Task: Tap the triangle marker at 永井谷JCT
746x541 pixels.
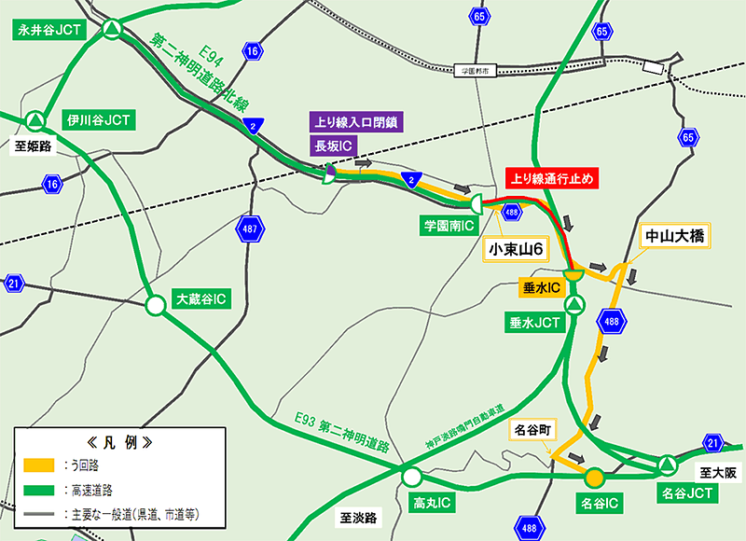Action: coord(111,30)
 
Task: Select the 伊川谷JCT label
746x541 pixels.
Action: coord(97,119)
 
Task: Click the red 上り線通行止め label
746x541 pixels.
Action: coord(549,175)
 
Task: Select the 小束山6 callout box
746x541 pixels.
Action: coord(516,249)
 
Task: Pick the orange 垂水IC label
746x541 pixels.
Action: coord(539,289)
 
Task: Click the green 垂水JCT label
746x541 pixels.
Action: coord(534,324)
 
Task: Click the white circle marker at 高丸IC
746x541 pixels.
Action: coord(411,478)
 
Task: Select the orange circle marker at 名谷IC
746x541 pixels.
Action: coord(593,478)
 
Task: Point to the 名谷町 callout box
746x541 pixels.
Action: coord(532,431)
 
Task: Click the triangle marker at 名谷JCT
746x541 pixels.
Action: coord(668,464)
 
